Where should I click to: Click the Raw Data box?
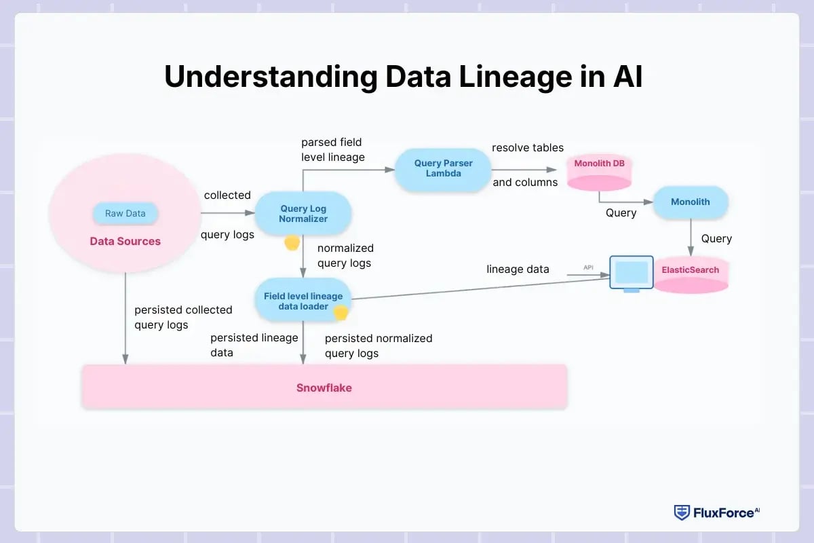(125, 213)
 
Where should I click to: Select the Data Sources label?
(125, 241)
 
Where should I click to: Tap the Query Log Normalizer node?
(303, 214)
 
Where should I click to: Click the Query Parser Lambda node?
(443, 168)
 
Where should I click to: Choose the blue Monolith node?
(690, 202)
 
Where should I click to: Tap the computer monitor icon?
(631, 273)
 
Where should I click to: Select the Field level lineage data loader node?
(303, 301)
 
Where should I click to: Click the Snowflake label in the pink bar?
(324, 388)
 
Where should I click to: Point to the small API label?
(588, 267)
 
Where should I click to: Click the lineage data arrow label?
(518, 269)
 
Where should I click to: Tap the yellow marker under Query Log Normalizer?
(292, 242)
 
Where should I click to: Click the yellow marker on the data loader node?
(341, 312)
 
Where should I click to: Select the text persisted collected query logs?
(183, 317)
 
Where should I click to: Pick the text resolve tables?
(527, 147)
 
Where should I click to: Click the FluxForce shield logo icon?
(681, 512)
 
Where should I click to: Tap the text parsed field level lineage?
(332, 149)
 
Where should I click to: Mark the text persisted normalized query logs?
(378, 345)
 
